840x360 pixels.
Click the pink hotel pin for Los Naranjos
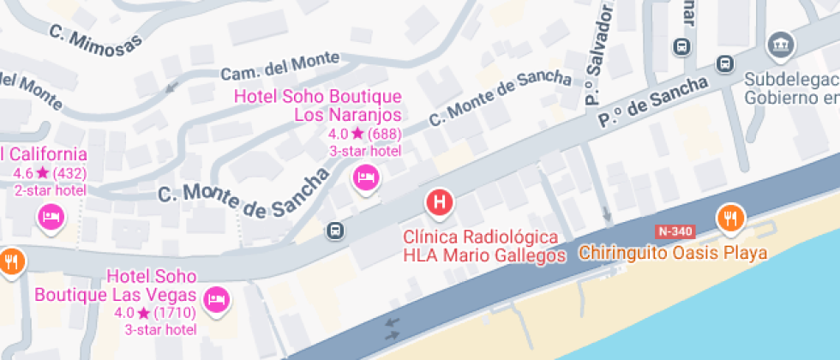pos(367,178)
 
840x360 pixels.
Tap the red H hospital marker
pos(440,203)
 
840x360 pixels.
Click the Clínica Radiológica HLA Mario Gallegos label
pos(484,246)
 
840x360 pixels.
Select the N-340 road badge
pos(674,231)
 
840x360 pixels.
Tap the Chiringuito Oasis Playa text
pos(672,253)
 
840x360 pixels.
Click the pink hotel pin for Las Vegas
pos(215,298)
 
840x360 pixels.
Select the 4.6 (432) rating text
pos(50,172)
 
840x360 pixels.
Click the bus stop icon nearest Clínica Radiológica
pos(334,230)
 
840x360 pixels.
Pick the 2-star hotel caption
pos(50,189)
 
